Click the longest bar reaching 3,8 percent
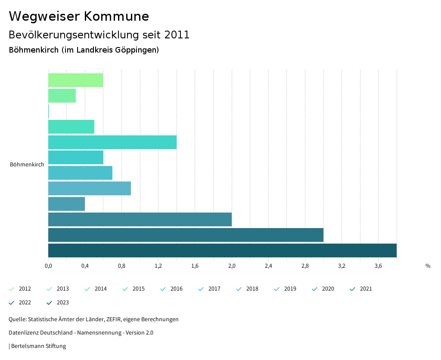(x=222, y=250)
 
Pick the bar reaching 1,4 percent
(x=112, y=142)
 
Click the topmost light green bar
(x=76, y=80)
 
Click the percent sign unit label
(x=428, y=266)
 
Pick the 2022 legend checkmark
(x=12, y=303)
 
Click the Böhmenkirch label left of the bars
(x=27, y=165)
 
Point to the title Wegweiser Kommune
(x=79, y=16)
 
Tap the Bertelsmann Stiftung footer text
(x=38, y=346)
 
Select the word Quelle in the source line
(x=17, y=319)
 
